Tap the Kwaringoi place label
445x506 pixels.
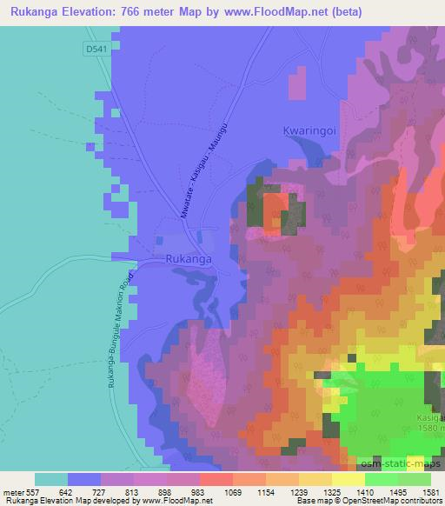[x=309, y=130]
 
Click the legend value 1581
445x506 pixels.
[x=430, y=492]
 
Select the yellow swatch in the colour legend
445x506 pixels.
[x=348, y=479]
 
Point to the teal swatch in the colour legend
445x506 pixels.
[x=51, y=479]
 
